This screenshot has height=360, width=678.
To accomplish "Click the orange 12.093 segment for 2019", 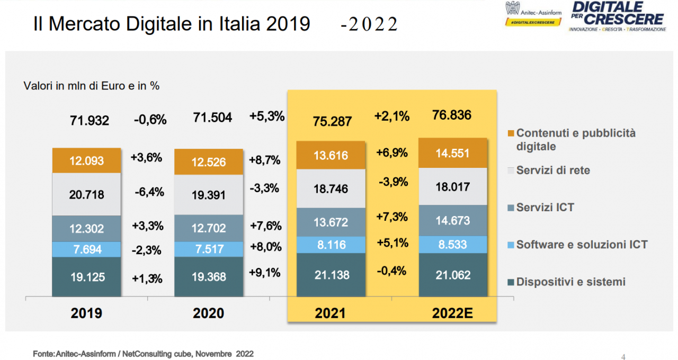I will [86, 161].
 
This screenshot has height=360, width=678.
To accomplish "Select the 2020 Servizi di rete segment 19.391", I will [209, 195].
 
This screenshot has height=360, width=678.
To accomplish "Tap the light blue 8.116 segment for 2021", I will [331, 244].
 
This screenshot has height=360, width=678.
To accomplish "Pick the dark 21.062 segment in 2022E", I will [453, 275].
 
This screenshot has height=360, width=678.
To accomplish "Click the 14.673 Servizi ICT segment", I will [453, 220].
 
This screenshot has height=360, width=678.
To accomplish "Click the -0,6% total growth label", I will [150, 120].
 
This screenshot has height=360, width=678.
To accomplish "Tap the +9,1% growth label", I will [264, 273].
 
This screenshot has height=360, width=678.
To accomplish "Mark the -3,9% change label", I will [393, 182].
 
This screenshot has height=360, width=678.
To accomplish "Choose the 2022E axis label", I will [452, 313].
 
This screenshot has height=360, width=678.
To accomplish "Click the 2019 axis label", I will [86, 313].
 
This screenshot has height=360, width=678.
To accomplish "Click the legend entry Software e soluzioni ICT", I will [582, 245].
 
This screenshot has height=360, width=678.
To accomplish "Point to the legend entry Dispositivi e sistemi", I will [570, 282].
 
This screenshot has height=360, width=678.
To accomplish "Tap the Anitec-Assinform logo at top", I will [532, 13].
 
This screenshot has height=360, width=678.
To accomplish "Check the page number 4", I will [623, 356].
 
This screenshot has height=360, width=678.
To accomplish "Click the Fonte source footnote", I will [143, 354].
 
